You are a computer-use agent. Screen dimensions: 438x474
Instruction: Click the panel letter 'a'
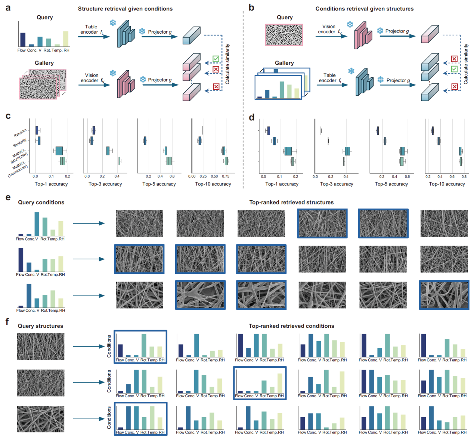[x=8, y=7]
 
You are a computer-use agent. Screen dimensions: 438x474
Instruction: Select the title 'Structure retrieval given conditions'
[x=125, y=9]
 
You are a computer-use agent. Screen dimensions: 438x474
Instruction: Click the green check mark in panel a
[x=216, y=59]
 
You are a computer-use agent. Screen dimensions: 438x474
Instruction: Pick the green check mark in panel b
[x=454, y=69]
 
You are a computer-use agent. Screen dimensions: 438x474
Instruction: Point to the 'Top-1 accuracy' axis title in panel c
[x=51, y=184]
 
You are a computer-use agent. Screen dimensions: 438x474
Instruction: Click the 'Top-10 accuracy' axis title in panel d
[x=447, y=184]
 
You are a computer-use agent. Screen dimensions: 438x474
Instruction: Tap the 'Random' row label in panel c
[x=20, y=133]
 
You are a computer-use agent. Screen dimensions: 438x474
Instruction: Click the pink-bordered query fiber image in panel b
[x=284, y=35]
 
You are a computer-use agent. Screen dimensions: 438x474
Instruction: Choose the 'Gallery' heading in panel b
[x=284, y=63]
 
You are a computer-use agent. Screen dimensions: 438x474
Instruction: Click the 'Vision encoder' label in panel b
[x=329, y=29]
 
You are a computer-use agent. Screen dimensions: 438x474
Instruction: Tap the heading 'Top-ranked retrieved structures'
[x=291, y=202]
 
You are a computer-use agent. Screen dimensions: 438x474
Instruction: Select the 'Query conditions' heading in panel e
[x=41, y=202]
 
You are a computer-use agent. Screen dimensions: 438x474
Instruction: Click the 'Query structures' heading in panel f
[x=40, y=326]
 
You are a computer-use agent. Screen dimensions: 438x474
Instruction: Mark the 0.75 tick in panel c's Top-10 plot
[x=226, y=176]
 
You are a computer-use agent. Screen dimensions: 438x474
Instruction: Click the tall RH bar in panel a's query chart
[x=66, y=38]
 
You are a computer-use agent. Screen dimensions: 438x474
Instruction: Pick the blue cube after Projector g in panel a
[x=191, y=36]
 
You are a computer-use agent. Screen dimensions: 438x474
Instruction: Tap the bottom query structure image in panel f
[x=40, y=419]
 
